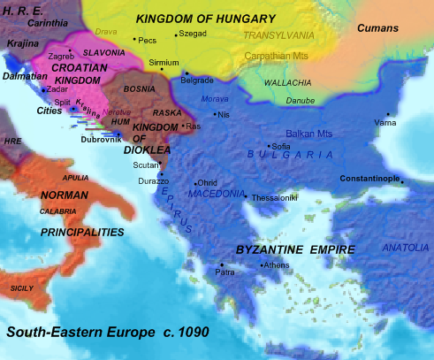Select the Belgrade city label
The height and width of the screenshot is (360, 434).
(197, 80)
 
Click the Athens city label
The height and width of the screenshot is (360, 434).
(275, 265)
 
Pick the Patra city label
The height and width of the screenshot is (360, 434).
(225, 273)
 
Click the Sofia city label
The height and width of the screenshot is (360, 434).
(281, 146)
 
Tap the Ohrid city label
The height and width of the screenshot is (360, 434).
(206, 184)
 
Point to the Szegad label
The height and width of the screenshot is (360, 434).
(192, 34)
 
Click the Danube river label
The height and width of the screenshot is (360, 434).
(300, 101)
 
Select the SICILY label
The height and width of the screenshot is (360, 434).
(22, 288)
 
